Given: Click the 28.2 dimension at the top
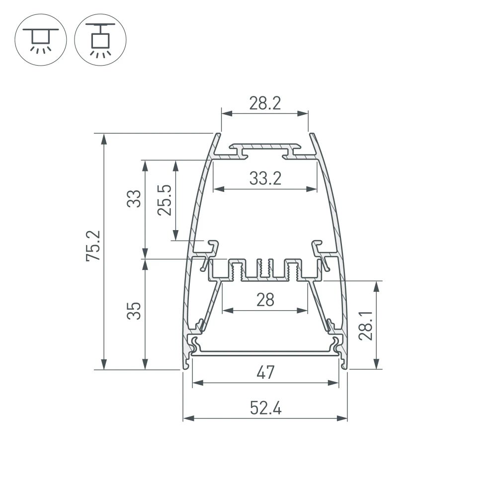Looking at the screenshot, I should point(265,103).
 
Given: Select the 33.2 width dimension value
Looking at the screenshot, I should point(265,178).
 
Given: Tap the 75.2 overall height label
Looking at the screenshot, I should point(94,246).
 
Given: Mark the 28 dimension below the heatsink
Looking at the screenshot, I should point(265,300).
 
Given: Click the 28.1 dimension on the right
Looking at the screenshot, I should point(366,325).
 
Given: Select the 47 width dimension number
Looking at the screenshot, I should point(265,372).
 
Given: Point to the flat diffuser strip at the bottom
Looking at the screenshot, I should point(265,353).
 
